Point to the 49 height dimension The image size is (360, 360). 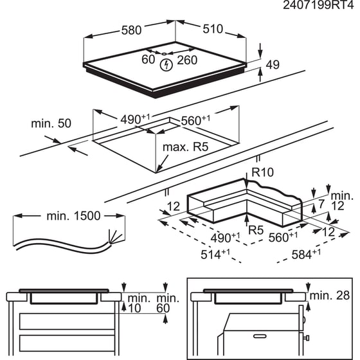(x=273, y=64)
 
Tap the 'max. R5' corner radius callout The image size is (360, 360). (x=186, y=147)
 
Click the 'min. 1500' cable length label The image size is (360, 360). (x=72, y=216)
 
